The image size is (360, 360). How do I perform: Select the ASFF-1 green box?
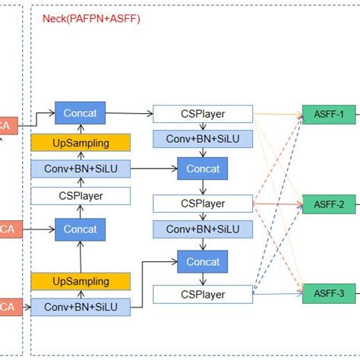click(328, 115)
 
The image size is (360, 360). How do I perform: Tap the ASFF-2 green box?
click(328, 204)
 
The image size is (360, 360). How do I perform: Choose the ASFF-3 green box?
click(328, 293)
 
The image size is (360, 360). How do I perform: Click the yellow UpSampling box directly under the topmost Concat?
click(81, 142)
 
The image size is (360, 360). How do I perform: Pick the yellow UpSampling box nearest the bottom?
click(81, 282)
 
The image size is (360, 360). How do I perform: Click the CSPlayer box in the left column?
click(81, 196)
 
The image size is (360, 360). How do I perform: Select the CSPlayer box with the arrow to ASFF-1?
click(203, 115)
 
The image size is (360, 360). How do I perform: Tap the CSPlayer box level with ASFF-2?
click(203, 204)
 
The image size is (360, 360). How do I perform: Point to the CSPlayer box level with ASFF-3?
click(203, 293)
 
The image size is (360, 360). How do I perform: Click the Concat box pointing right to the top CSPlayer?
click(81, 113)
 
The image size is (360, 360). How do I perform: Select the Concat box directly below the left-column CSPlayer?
click(81, 229)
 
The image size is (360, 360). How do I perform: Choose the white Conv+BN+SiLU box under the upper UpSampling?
click(81, 169)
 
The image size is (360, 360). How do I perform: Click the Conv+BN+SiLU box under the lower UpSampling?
click(81, 307)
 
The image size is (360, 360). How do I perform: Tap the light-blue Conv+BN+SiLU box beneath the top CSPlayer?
click(203, 139)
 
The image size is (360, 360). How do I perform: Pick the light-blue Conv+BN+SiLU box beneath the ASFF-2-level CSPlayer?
click(203, 229)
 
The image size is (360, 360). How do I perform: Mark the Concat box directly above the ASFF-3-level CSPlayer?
click(203, 262)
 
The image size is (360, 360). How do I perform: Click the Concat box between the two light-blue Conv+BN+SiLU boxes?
click(203, 169)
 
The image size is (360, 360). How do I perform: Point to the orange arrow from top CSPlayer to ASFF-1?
click(277, 115)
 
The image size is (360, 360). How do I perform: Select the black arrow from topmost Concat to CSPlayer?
click(129, 114)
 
